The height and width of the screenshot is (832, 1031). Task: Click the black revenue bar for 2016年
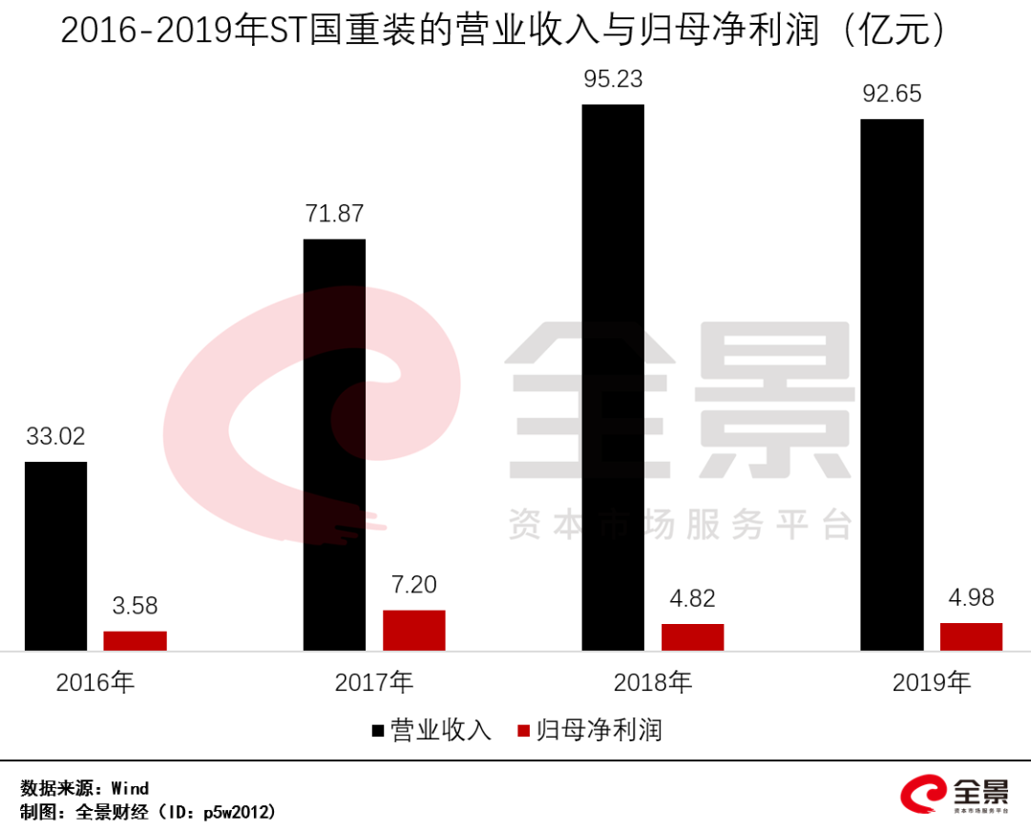pos(55,556)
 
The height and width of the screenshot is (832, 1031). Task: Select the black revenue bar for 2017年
pos(334,445)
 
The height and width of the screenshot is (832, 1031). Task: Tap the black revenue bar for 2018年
pos(613,378)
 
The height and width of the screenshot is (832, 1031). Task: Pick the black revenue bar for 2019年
pos(892,385)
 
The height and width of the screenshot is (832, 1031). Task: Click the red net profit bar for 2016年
pos(135,641)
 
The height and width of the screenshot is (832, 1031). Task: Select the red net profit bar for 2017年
pos(413,631)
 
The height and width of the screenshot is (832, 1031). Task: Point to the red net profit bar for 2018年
pos(692,637)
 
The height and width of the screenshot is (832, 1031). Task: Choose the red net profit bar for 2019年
pos(971,636)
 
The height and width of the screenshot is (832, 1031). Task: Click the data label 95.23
pos(613,79)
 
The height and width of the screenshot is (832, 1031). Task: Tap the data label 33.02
pos(55,437)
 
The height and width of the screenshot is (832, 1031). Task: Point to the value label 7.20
pos(413,585)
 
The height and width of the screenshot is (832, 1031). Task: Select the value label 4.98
pos(971,598)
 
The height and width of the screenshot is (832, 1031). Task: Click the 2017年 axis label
pos(374,683)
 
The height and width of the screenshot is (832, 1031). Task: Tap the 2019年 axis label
pos(931,683)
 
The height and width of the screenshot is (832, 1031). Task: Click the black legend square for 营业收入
pos(378,732)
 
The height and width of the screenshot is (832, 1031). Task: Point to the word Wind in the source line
pos(130,788)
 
